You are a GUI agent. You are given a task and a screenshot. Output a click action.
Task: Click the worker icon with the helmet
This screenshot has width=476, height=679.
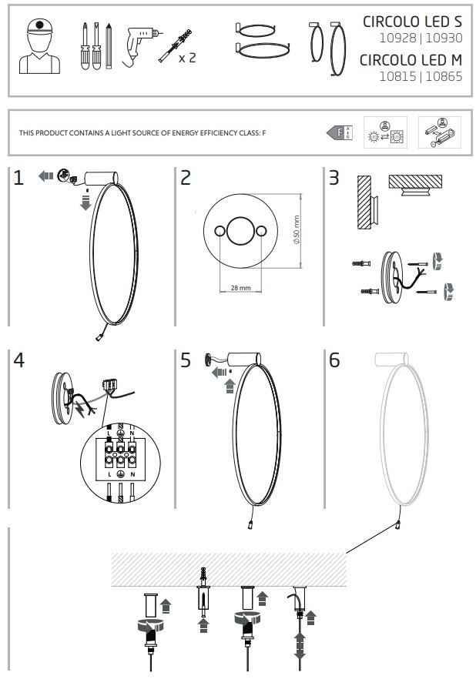click(39, 46)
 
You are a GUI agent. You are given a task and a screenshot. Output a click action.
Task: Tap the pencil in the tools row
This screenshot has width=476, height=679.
click(109, 46)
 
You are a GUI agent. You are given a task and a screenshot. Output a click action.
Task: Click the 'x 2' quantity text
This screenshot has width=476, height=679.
click(187, 58)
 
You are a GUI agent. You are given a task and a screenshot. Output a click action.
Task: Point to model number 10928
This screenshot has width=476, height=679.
click(397, 38)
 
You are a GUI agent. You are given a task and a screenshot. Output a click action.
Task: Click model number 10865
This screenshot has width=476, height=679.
click(444, 77)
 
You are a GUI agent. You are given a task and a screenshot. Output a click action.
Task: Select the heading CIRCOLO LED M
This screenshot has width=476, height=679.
click(411, 60)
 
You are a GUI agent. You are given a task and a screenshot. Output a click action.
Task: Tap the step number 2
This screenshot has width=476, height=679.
click(186, 178)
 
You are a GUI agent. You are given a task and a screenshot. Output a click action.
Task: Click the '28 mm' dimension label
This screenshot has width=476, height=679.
click(241, 288)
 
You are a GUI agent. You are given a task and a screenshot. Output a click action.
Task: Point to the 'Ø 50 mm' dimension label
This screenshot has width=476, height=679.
click(297, 230)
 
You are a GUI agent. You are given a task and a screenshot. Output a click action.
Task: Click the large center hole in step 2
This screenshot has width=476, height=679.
click(240, 231)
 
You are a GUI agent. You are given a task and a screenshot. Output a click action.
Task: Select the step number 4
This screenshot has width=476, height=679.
click(18, 360)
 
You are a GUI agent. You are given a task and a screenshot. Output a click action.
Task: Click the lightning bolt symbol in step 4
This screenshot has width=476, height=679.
click(81, 410)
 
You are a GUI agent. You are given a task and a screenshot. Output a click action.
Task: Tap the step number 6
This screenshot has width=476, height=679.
click(334, 360)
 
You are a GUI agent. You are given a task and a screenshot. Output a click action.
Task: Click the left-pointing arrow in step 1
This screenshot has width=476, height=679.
click(45, 176)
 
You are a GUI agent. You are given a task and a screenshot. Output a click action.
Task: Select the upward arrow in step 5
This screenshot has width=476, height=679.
click(230, 386)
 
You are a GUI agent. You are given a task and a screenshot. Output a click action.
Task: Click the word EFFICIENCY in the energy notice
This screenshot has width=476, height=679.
click(188, 133)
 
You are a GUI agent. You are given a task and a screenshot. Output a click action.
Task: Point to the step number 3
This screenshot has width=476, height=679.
click(334, 178)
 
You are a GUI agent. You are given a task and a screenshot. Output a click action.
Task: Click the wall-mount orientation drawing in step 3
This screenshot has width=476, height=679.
click(367, 202)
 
